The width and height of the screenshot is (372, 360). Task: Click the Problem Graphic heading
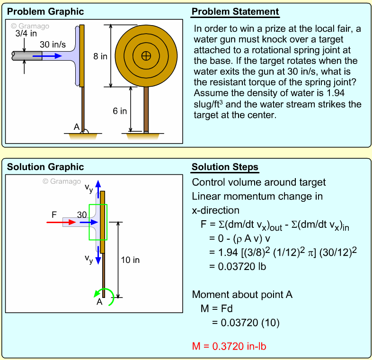point(45,12)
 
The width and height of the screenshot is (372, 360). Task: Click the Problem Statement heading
point(235,12)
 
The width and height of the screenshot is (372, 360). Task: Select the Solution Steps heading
point(225,167)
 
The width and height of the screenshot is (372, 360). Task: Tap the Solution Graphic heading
point(45,167)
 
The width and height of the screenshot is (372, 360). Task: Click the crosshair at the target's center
point(146,56)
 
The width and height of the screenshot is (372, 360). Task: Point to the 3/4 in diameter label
point(26,34)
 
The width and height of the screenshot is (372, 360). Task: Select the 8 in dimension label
point(100,56)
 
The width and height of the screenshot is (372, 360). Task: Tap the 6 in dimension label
point(120,111)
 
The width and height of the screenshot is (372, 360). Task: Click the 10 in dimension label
point(131,260)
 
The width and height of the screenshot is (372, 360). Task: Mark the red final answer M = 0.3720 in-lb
point(229,346)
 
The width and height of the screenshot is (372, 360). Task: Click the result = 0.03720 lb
point(237,266)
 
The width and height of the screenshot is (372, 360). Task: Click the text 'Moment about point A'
point(242,295)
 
